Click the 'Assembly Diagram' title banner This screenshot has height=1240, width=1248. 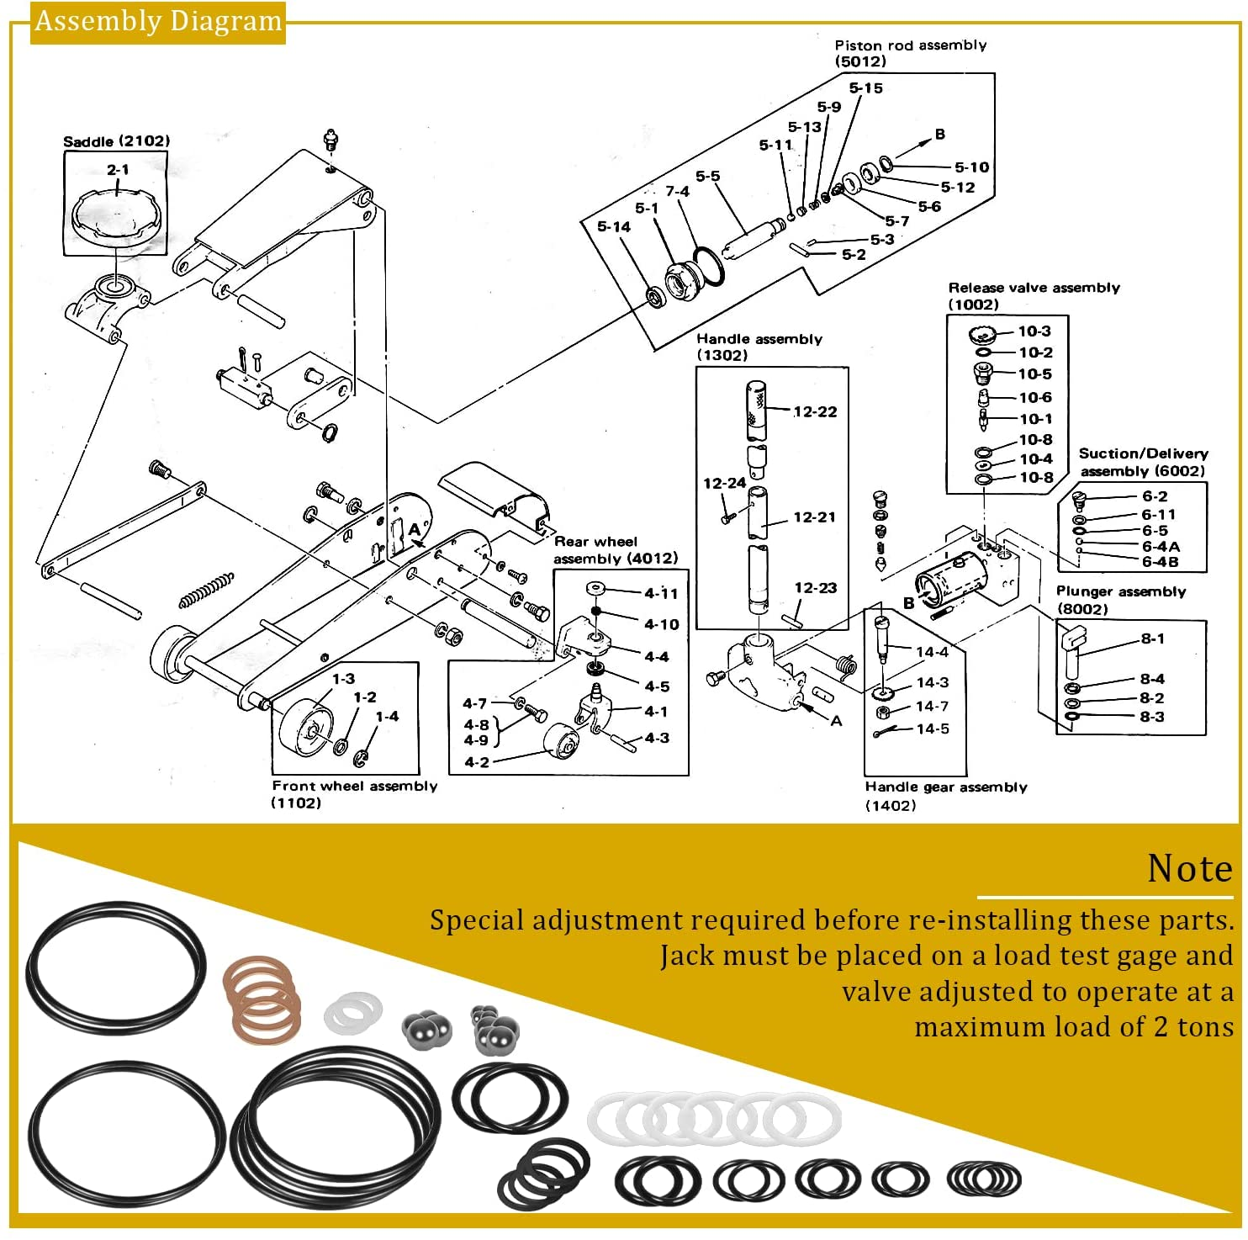point(158,21)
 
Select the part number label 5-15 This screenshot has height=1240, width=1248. point(865,88)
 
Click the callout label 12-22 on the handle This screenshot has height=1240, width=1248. point(815,411)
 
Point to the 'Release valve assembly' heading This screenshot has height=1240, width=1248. point(1034,288)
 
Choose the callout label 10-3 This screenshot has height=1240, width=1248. point(1034,331)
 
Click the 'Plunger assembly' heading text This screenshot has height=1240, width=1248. point(1120,591)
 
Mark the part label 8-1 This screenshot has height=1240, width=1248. point(1152,639)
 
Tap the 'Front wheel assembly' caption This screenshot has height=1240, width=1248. point(354,786)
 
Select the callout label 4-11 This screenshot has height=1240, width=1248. point(661,593)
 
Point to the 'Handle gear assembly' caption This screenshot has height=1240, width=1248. point(945,787)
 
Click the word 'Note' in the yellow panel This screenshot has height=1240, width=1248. point(1189,869)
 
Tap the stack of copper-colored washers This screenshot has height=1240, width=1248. point(262,999)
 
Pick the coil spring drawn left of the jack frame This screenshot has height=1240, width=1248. point(206,589)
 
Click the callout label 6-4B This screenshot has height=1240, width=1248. point(1160,561)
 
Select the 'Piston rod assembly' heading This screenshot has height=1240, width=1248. point(910,45)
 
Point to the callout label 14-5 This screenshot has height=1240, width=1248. point(932,729)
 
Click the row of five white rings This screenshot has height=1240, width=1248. point(714,1119)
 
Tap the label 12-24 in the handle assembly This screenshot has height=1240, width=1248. point(724,483)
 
